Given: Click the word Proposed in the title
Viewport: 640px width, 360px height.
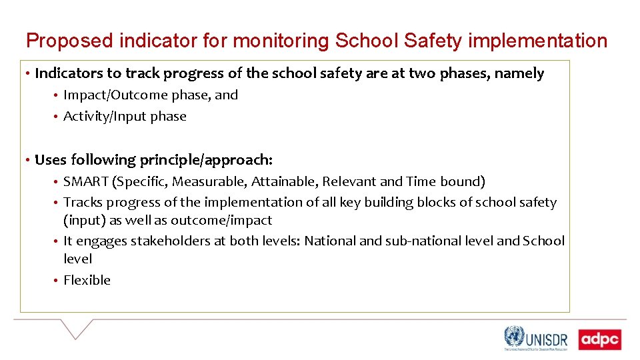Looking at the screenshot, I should point(69,41).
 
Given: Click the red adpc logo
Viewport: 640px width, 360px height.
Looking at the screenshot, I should point(599,340).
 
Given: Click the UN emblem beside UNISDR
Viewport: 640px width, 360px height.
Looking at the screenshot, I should point(514,337).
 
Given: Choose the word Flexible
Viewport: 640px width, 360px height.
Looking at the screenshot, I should point(87,280).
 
